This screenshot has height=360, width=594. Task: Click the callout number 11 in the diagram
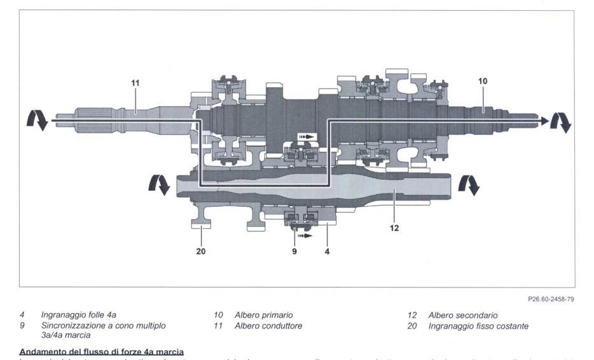pyautogui.click(x=135, y=83)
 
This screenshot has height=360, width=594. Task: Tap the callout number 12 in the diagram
pyautogui.click(x=394, y=228)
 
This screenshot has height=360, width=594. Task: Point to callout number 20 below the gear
pyautogui.click(x=202, y=251)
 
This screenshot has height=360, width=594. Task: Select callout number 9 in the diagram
pyautogui.click(x=294, y=251)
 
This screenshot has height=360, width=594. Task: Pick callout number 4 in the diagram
pyautogui.click(x=328, y=251)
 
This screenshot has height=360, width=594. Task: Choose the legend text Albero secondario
pyautogui.click(x=463, y=315)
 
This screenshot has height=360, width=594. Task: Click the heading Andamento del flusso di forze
pyautogui.click(x=102, y=352)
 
